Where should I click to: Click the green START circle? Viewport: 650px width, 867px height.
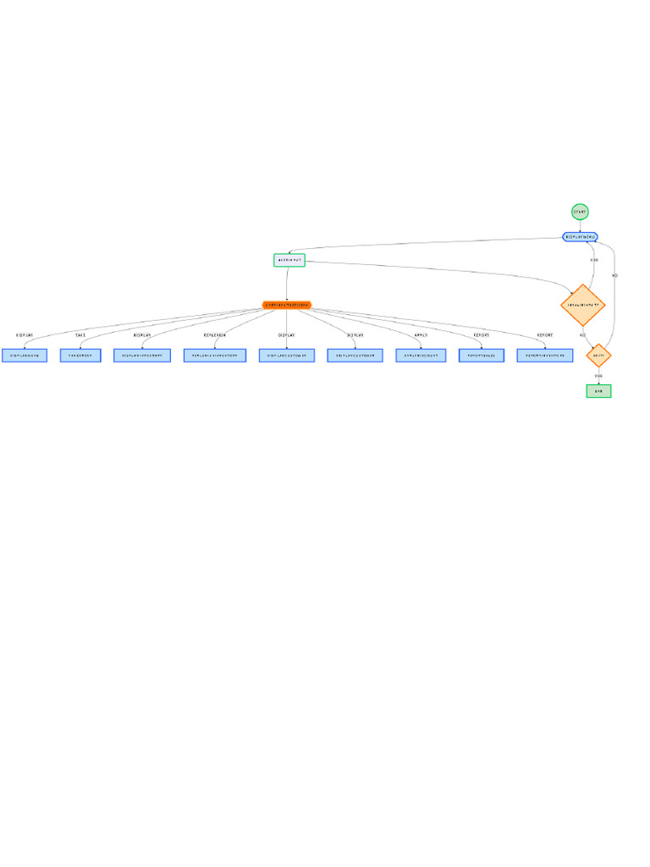(579, 212)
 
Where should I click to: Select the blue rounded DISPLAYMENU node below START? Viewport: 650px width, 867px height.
(581, 237)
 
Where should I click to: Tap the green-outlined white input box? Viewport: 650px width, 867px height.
(289, 260)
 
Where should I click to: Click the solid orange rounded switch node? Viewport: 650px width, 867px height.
(287, 305)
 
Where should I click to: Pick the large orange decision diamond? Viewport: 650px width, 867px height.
(583, 305)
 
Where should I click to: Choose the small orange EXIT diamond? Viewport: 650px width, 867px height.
(598, 356)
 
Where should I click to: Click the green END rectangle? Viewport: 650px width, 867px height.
(598, 391)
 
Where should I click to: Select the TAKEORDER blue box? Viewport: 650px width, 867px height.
(80, 356)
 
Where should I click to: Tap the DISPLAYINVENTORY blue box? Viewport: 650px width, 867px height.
(143, 356)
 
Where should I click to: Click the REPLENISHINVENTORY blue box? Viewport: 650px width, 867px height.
(215, 356)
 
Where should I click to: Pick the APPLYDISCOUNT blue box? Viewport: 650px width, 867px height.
(421, 356)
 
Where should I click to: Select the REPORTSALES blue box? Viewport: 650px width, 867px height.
(482, 356)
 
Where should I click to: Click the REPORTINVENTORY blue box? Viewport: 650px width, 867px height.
(545, 356)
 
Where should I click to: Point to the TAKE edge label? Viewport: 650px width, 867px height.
(80, 335)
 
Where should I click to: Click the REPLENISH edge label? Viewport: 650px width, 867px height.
(215, 335)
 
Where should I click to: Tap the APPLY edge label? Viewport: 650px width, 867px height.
(421, 335)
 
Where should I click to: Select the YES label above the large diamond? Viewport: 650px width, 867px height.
(594, 260)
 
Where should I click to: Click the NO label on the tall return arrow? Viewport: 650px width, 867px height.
(614, 276)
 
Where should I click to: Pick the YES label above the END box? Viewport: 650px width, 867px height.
(598, 375)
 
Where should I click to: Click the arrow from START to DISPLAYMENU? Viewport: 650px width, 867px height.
(580, 226)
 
